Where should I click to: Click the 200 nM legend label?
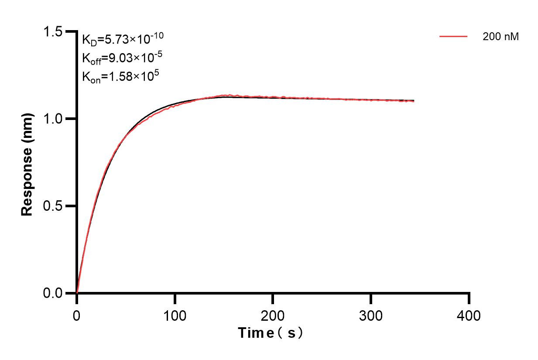click(500, 37)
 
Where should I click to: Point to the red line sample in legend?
click(453, 37)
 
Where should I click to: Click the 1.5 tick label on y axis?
click(52, 31)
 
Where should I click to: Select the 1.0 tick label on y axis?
click(52, 119)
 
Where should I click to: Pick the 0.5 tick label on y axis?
click(52, 206)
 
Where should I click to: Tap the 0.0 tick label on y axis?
click(52, 293)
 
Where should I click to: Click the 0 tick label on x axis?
click(77, 315)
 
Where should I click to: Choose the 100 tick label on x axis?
click(175, 315)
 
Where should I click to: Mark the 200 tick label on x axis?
click(273, 315)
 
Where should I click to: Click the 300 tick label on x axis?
click(371, 315)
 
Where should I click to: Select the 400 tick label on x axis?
click(469, 315)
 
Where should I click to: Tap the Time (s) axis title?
click(271, 333)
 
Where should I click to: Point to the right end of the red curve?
click(413, 101)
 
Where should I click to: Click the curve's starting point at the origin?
click(77, 292)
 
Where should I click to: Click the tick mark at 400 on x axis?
click(469, 298)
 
